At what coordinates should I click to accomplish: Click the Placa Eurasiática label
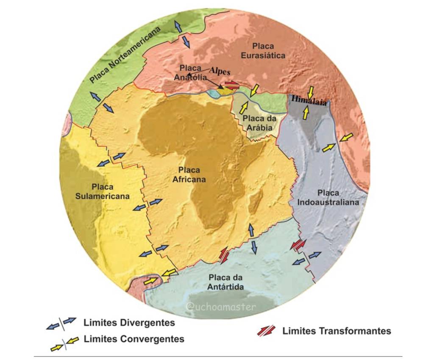tap(263, 50)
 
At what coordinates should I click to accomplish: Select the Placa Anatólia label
tap(190, 72)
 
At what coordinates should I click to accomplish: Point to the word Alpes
tap(220, 71)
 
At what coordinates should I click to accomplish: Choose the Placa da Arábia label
tap(259, 122)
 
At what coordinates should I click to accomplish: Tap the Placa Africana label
tap(189, 174)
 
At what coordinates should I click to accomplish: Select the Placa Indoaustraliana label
tap(328, 197)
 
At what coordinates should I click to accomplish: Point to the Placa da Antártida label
tap(225, 282)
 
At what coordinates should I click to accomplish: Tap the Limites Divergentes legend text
tap(129, 323)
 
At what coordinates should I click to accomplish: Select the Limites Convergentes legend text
tap(134, 339)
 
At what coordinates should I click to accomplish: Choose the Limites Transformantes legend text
tap(337, 331)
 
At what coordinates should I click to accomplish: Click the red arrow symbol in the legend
tap(266, 331)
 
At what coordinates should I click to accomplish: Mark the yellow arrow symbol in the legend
tap(64, 343)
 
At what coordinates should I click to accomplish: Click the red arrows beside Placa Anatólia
tap(231, 84)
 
